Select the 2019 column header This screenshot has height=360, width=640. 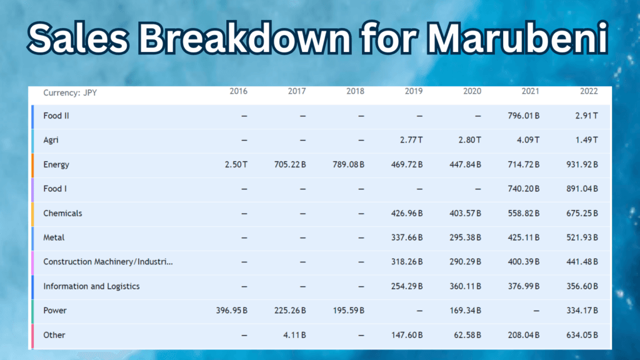click(413, 91)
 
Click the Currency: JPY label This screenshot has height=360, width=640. click(70, 93)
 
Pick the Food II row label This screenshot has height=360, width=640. click(56, 116)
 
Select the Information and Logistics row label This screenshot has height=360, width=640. click(91, 286)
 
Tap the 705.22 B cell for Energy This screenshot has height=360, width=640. click(290, 164)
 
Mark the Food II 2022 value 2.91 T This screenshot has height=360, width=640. click(586, 116)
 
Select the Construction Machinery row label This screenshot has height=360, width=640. click(108, 262)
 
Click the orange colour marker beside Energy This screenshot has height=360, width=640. click(32, 164)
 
